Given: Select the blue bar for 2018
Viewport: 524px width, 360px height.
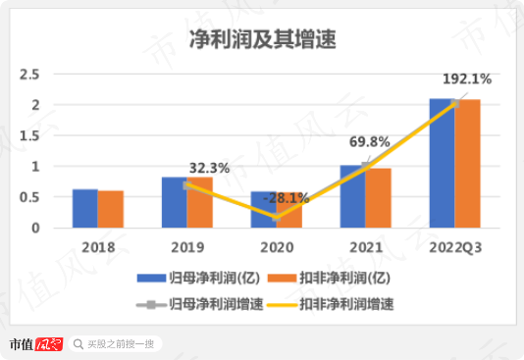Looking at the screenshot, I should (x=85, y=209).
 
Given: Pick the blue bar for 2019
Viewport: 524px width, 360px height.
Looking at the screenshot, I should (x=174, y=203).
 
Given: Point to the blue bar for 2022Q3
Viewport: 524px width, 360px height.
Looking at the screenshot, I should (x=442, y=164).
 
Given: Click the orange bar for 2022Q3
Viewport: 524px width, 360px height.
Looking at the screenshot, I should (x=467, y=164).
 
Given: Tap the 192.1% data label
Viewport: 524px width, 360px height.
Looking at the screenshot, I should (x=466, y=78).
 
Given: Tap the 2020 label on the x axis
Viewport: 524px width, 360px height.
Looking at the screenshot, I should (x=277, y=245).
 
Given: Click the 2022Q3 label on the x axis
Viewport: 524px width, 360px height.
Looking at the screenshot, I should (x=454, y=245).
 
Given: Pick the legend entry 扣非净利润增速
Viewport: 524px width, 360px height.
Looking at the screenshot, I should (x=335, y=303).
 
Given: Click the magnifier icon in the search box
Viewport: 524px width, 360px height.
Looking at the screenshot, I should (x=79, y=344).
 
